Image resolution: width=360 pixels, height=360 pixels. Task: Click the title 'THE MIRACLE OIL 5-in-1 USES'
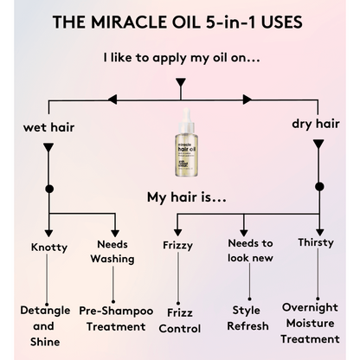coord(179,22)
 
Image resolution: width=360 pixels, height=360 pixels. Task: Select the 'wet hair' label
coord(48,129)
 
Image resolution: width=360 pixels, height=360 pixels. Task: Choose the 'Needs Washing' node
coord(112,251)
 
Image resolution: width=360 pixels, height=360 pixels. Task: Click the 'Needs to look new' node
coord(250,251)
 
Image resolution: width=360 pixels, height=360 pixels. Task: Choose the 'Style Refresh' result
coord(250,318)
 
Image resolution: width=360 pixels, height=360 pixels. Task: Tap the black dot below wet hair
coord(48,188)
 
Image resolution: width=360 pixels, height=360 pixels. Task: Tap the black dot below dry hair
coord(318,186)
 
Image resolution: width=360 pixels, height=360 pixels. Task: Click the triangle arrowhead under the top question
coord(180,84)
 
